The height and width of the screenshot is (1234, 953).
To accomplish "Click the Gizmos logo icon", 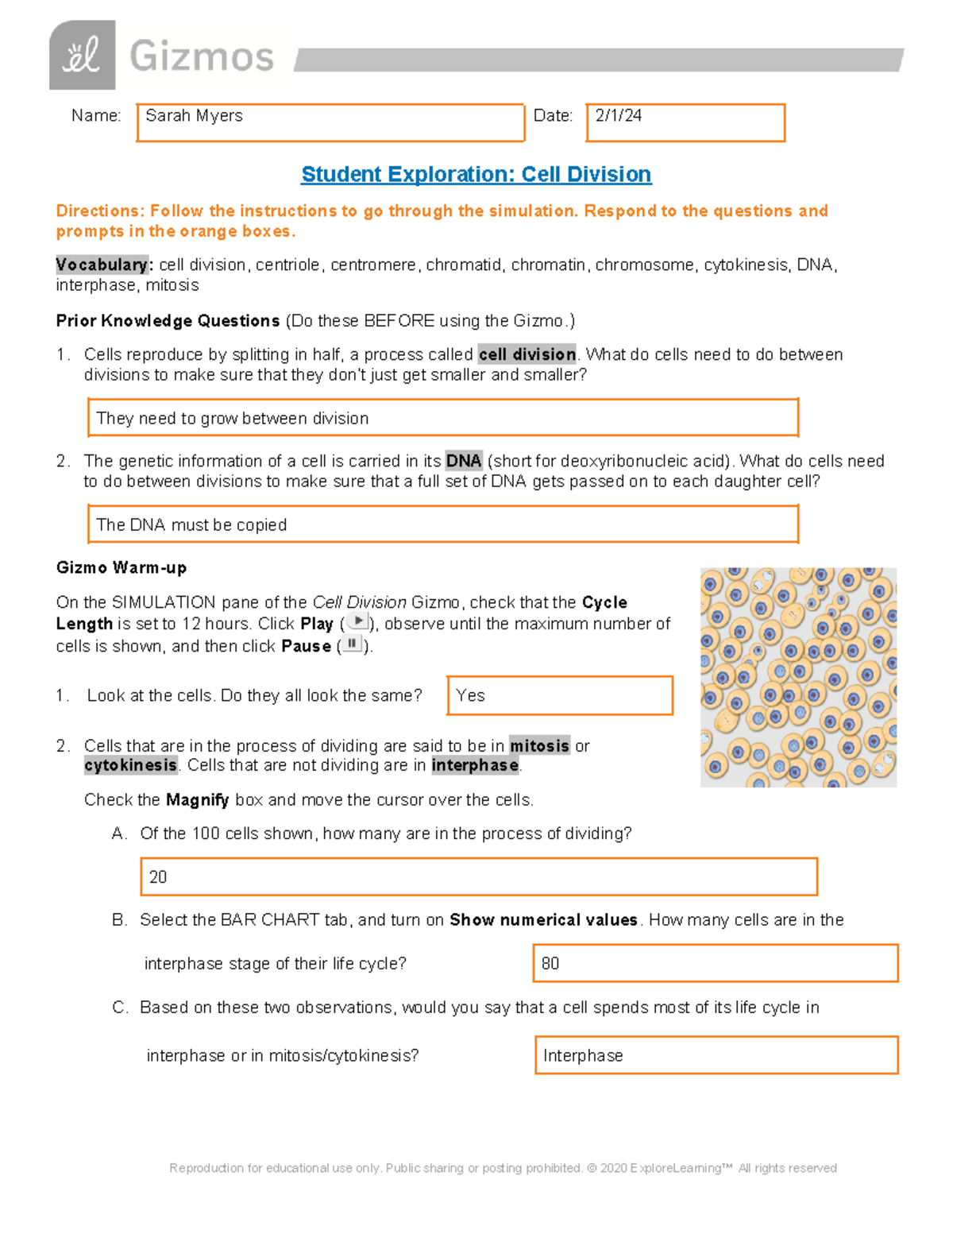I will (x=82, y=56).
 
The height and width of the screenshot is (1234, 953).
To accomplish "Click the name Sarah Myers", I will (x=194, y=116).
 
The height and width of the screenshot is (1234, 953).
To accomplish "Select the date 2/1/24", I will (x=619, y=116).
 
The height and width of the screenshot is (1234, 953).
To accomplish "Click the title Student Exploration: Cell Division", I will (x=476, y=175).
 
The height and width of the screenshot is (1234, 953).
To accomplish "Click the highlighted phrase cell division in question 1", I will (x=527, y=354).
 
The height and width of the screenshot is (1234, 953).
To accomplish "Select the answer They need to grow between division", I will (x=232, y=419).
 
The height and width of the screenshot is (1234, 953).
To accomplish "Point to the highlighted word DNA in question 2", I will (x=464, y=461).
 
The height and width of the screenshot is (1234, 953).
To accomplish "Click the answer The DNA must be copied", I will (x=191, y=525).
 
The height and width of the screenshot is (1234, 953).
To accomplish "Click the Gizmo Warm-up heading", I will (x=122, y=567).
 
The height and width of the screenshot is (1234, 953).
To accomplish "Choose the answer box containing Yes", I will (x=560, y=695).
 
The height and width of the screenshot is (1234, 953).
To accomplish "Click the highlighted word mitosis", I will (x=539, y=746).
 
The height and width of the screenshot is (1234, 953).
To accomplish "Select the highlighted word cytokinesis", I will (x=131, y=765).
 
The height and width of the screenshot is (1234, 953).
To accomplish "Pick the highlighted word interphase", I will (x=475, y=765).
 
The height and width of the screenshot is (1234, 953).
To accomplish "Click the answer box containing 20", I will (x=478, y=877).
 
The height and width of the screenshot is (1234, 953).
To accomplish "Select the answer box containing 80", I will (x=715, y=963).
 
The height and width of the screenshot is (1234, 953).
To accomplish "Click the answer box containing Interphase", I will (x=716, y=1055).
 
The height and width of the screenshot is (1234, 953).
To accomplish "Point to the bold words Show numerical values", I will (x=543, y=920).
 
